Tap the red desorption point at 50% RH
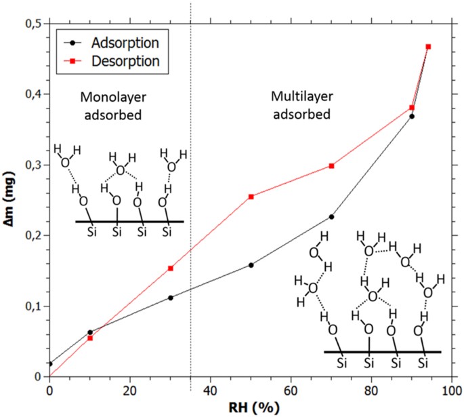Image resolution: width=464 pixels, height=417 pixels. coord(251,197)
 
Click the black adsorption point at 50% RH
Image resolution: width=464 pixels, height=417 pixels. coord(251,265)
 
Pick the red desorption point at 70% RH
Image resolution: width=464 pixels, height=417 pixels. coord(332,165)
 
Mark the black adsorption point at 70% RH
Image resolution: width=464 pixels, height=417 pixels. coord(332,216)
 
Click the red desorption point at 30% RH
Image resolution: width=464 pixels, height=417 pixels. coord(171,269)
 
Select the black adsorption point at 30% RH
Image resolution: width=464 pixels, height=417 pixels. coord(171,298)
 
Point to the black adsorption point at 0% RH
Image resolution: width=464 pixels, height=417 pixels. coord(49,363)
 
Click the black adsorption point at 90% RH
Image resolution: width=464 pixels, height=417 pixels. coord(412,116)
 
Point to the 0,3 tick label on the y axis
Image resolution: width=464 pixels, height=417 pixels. coord(31,165)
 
